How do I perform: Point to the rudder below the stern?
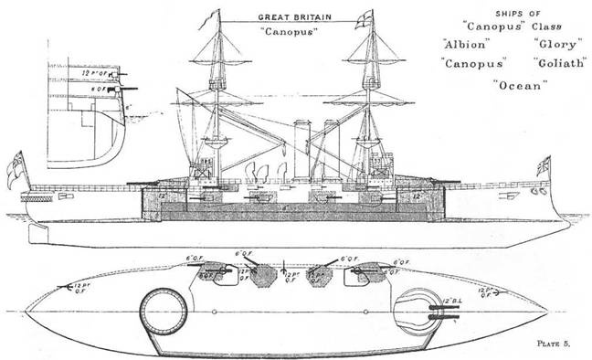click(37, 233)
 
